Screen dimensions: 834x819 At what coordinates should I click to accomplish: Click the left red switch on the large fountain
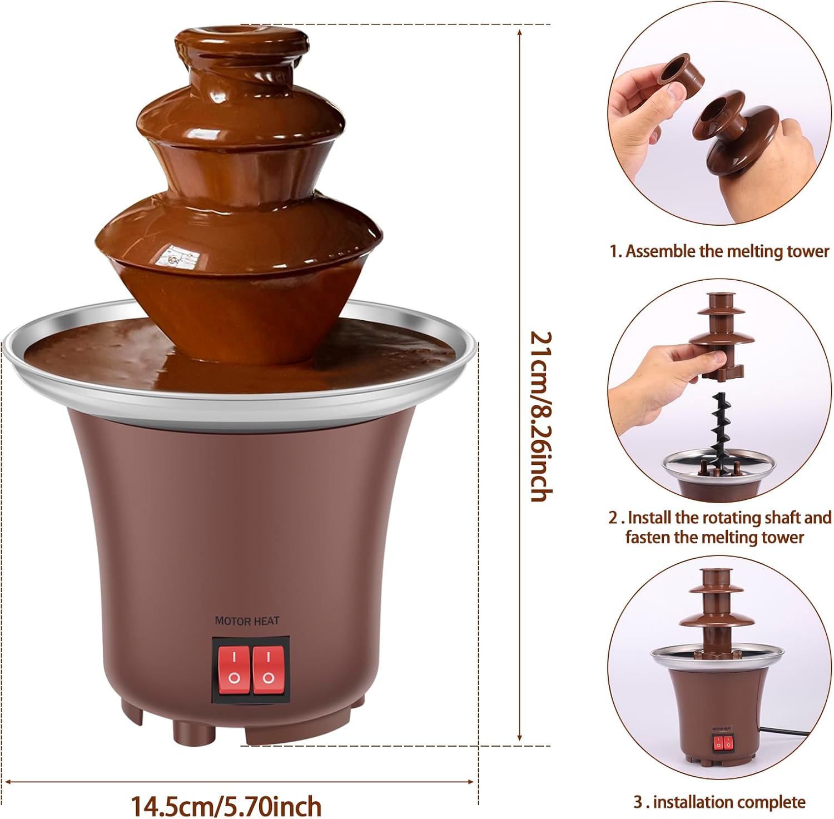[x=234, y=670]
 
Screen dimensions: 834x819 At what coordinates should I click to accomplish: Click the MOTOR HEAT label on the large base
[x=247, y=621]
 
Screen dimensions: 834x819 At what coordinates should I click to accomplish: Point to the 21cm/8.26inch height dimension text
[x=541, y=416]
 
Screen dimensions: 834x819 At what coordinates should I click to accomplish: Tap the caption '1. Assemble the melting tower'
[x=719, y=251]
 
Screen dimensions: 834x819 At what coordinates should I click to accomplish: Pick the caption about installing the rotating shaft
[x=719, y=527]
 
